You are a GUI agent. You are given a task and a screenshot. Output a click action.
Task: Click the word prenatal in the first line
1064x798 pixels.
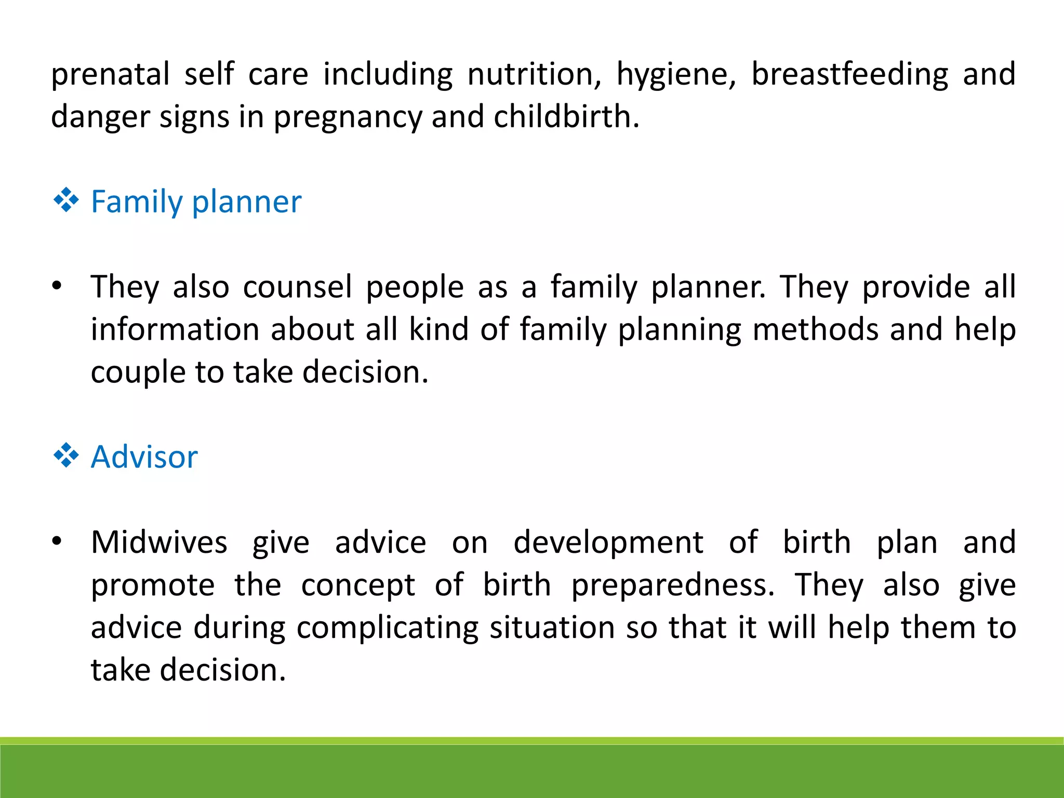(110, 74)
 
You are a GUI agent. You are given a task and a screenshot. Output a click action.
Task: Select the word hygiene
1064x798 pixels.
(676, 74)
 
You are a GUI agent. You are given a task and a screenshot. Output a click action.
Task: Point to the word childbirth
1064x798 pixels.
(566, 117)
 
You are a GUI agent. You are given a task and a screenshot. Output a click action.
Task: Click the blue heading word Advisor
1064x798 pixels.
(144, 457)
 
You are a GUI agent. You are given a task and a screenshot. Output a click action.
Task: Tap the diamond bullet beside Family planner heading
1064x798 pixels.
(66, 201)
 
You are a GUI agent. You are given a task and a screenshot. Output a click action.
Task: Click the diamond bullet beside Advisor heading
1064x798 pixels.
(66, 456)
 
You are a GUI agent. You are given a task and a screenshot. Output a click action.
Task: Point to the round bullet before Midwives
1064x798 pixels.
(57, 542)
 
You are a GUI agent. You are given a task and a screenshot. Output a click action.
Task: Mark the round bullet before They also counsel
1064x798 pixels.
(57, 286)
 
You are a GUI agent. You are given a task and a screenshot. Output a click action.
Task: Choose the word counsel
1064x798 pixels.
(298, 287)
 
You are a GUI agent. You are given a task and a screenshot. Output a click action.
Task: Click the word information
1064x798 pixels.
(175, 329)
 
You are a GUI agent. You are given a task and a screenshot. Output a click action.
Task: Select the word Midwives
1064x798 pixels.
(159, 542)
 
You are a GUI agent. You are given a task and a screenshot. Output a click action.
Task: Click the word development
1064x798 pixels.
(608, 542)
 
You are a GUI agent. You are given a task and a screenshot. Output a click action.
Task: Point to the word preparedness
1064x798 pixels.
(673, 586)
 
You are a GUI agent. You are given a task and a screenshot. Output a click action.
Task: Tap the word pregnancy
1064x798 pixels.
(348, 117)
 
